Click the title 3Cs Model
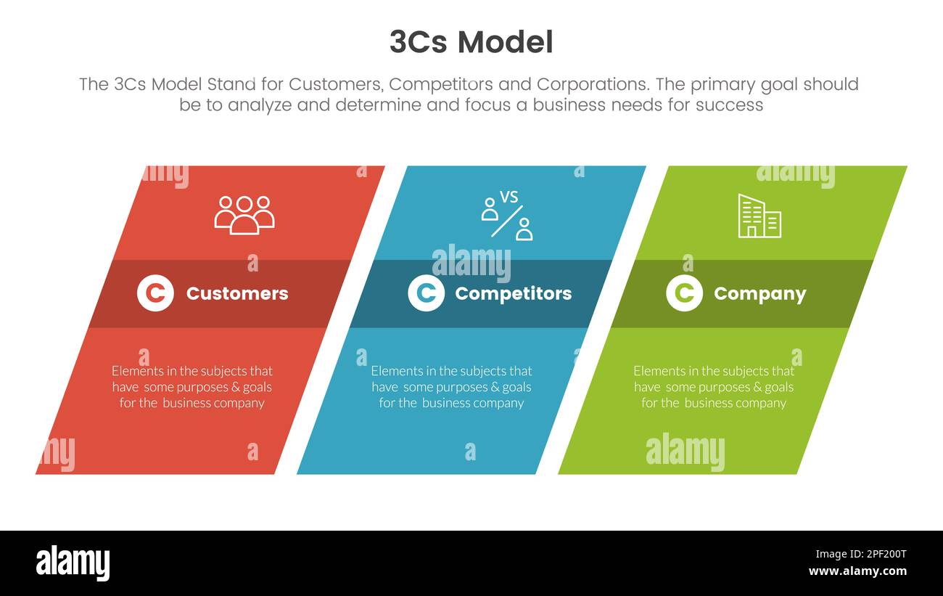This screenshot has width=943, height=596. [x=471, y=42]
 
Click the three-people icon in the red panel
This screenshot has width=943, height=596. [x=244, y=215]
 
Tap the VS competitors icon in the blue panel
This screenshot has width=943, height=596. [x=507, y=215]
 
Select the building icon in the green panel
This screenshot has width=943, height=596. [x=759, y=216]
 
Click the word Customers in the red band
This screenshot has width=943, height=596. [x=237, y=293]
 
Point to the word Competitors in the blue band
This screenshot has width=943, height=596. [x=513, y=293]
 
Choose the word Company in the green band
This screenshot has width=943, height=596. [x=759, y=293]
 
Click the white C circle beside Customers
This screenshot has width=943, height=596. [x=155, y=293]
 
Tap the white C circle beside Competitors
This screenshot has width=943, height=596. [x=426, y=293]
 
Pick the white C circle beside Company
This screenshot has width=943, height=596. [x=684, y=293]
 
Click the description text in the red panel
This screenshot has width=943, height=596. [x=192, y=387]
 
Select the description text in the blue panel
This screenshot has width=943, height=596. [x=451, y=387]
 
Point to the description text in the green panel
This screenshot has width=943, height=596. [x=714, y=387]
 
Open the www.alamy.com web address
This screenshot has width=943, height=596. [x=857, y=571]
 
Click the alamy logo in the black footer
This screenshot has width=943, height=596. [x=73, y=563]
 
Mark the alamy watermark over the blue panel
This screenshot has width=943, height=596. [x=471, y=263]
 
